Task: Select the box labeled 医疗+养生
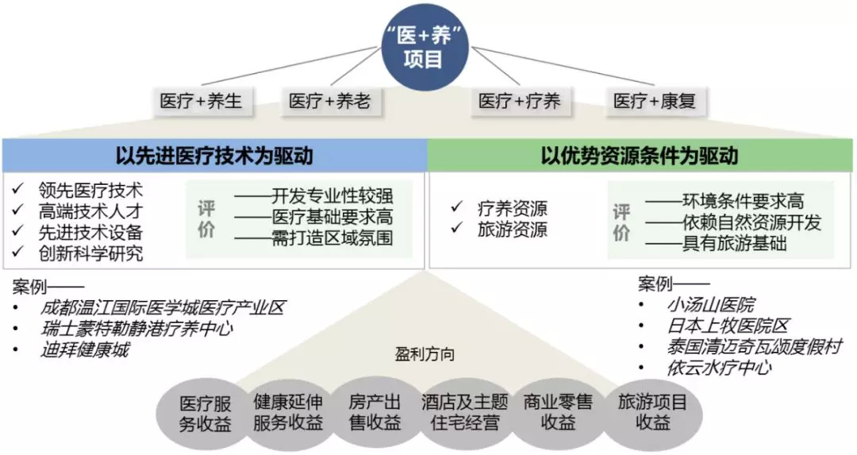201,101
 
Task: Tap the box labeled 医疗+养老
329,101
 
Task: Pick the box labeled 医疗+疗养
520,101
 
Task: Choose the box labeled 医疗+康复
655,101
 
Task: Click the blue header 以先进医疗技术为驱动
214,156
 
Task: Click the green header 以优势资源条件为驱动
640,156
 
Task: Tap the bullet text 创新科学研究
90,253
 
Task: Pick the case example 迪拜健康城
85,349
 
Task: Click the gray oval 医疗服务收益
205,414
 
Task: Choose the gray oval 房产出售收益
375,414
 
